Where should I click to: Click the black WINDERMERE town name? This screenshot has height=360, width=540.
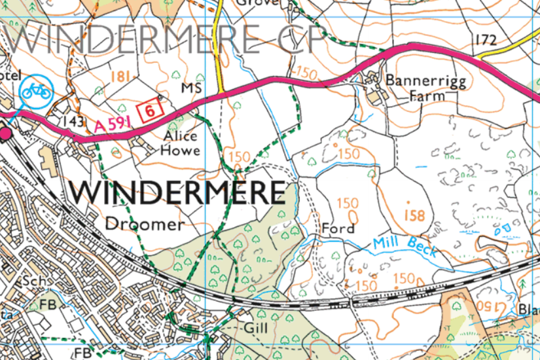pyautogui.click(x=178, y=192)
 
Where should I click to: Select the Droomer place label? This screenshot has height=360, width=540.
pyautogui.click(x=145, y=223)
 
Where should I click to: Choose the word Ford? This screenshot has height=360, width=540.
pyautogui.click(x=338, y=228)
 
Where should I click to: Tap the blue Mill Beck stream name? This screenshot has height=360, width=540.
pyautogui.click(x=405, y=246)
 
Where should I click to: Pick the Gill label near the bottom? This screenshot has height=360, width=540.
pyautogui.click(x=255, y=326)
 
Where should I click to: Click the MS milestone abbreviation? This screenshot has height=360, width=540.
pyautogui.click(x=189, y=88)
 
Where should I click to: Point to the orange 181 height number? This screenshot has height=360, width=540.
pyautogui.click(x=119, y=77)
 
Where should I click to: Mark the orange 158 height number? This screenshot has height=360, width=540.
pyautogui.click(x=414, y=215)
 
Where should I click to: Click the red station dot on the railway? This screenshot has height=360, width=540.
pyautogui.click(x=7, y=134)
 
